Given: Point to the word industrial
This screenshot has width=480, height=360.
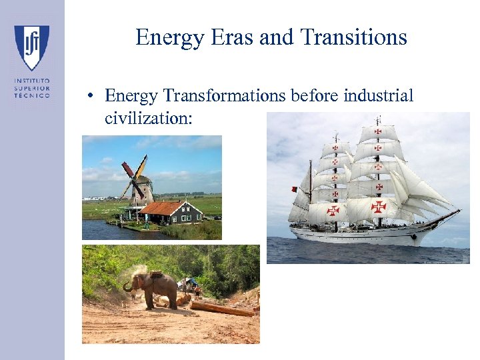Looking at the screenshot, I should coord(378,96).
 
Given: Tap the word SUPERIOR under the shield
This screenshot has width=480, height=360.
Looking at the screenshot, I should coord(32,88).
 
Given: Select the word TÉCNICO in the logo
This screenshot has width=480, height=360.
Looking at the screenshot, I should coord(32,95).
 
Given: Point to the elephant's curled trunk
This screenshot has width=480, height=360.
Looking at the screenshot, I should coord(127,286).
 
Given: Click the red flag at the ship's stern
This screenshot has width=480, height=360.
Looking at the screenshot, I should coord(294,189).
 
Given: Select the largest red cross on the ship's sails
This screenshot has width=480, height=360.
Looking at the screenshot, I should coord(378,206).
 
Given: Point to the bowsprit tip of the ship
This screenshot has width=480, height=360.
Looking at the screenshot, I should coord(459,211).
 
